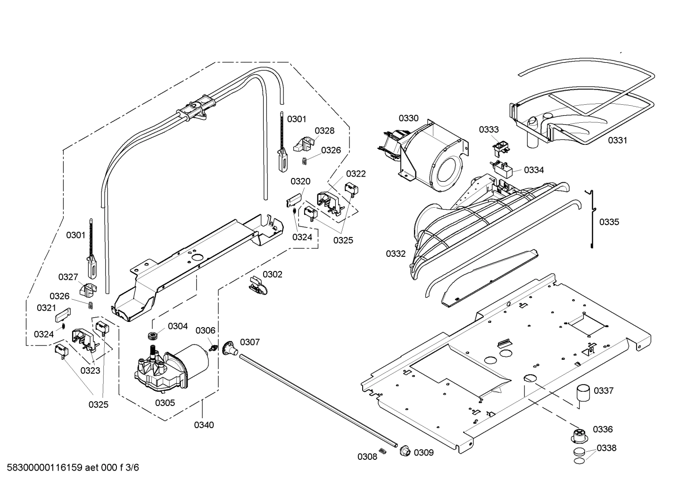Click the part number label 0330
click(408, 118)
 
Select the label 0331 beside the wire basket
click(617, 140)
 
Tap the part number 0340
click(204, 425)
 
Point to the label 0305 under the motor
click(165, 403)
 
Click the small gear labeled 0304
click(152, 336)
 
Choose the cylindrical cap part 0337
click(583, 394)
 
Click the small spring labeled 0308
click(383, 451)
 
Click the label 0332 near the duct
click(396, 253)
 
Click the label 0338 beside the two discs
click(606, 448)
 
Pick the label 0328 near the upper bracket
click(324, 130)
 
